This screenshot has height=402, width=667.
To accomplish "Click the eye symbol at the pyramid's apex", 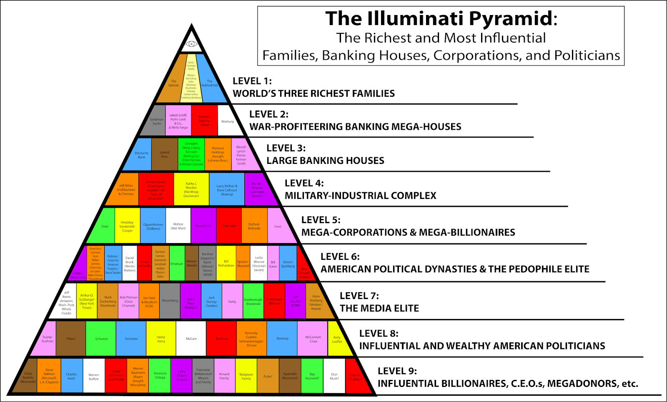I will click(192, 44).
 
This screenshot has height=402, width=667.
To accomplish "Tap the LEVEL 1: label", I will click(252, 81).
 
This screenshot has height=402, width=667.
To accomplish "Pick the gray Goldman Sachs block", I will click(157, 121).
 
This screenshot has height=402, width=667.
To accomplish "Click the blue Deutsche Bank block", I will click(142, 155).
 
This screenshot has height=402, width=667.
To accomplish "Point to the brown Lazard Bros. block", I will click(165, 155).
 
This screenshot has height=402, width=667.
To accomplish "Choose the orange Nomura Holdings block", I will click(218, 155).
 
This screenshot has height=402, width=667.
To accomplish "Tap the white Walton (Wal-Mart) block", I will click(178, 226).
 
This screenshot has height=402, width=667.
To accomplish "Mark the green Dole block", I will click(105, 226).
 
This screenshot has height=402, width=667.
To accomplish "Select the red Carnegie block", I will click(229, 226).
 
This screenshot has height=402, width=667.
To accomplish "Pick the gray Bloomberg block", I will click(170, 301).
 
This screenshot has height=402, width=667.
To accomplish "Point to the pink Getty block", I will click(232, 301).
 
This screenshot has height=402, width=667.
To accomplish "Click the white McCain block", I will click(191, 339).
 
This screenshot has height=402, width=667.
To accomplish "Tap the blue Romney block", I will click(282, 339).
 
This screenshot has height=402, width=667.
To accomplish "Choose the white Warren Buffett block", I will click(94, 377).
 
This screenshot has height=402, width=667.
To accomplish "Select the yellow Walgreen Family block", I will click(246, 377).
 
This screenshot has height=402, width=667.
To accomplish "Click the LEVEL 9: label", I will click(397, 371).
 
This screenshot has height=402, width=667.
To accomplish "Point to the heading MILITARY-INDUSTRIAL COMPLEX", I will click(361, 196).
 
